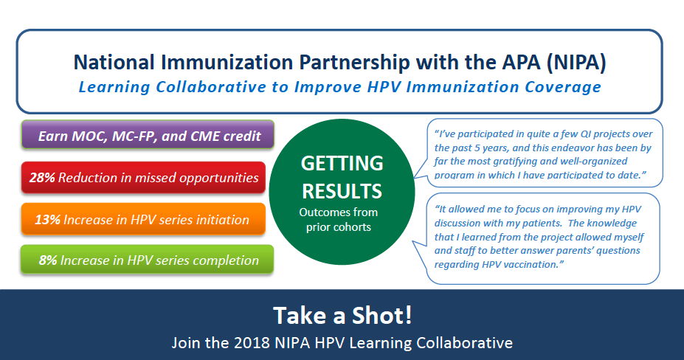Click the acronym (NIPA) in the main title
pyautogui.click(x=576, y=63)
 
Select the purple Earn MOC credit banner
pyautogui.click(x=148, y=135)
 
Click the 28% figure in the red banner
pyautogui.click(x=42, y=178)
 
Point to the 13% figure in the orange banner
pyautogui.click(x=47, y=219)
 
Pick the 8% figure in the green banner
pyautogui.click(x=48, y=260)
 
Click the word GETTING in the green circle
pyautogui.click(x=342, y=163)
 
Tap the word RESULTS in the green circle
pyautogui.click(x=342, y=191)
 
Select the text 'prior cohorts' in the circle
pyautogui.click(x=339, y=227)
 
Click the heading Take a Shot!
pyautogui.click(x=342, y=315)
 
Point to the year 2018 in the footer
pyautogui.click(x=252, y=342)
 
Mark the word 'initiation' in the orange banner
pyautogui.click(x=226, y=219)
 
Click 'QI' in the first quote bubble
pyautogui.click(x=586, y=134)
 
